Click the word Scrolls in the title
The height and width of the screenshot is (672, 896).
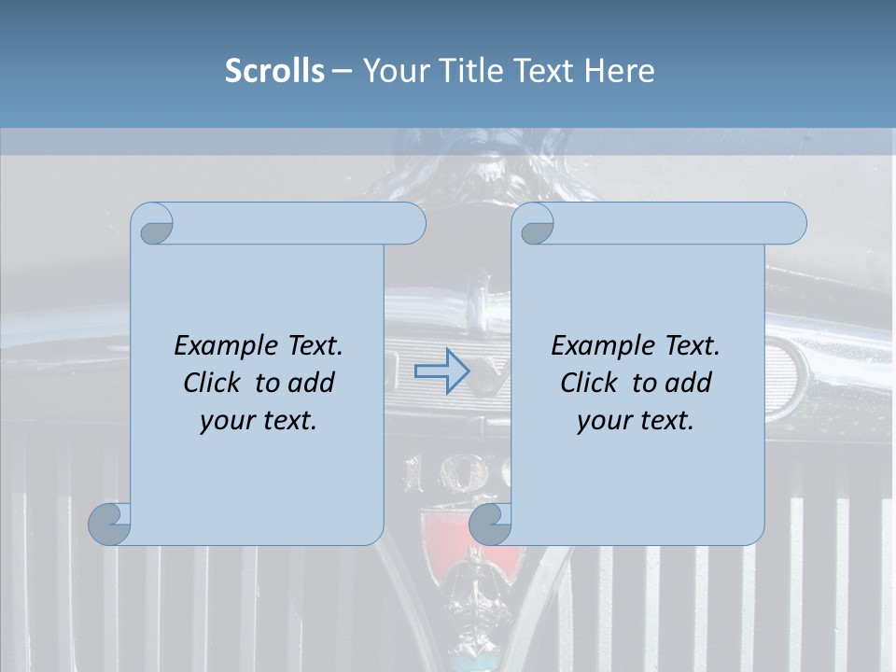point(274,71)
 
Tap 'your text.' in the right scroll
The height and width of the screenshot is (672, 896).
point(636,421)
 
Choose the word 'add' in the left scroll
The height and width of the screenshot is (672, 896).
point(312,383)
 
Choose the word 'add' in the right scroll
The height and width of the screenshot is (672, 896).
point(689,383)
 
